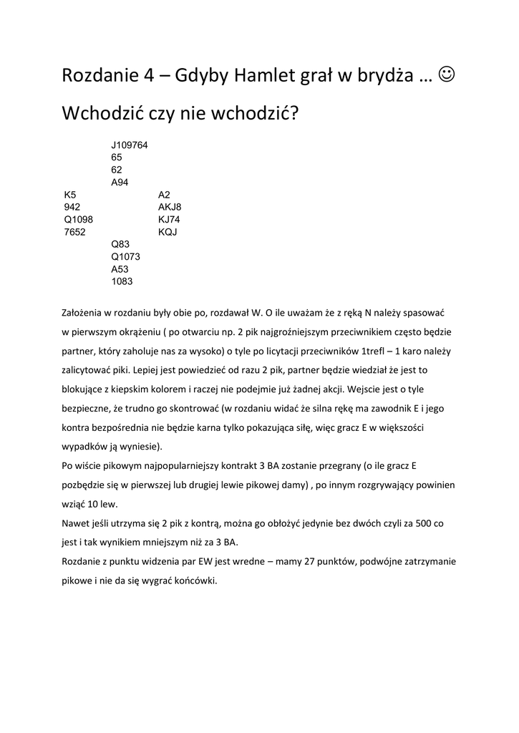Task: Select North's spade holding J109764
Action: [130, 145]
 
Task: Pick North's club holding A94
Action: [120, 182]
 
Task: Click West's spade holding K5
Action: [70, 194]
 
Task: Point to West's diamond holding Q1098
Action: [78, 219]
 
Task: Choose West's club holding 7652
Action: [75, 231]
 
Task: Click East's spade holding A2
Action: [165, 194]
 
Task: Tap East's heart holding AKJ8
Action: [170, 207]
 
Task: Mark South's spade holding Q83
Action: [120, 244]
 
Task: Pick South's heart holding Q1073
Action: [125, 256]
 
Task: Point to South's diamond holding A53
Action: [120, 268]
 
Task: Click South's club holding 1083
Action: [122, 281]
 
